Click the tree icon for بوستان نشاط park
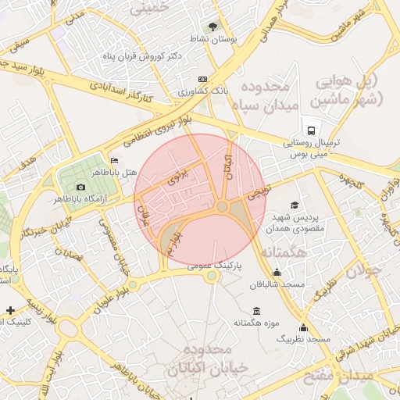[214, 26]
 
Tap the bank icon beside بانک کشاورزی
[202, 79]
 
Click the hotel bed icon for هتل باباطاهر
[115, 160]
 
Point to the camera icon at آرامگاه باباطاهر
[80, 187]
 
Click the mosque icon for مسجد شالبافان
[277, 272]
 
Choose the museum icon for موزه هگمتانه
[258, 311]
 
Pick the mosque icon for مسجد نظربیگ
[303, 328]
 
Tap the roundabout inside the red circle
[222, 206]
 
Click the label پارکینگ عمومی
[214, 266]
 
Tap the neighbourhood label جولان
[367, 271]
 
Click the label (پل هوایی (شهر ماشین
[348, 90]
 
